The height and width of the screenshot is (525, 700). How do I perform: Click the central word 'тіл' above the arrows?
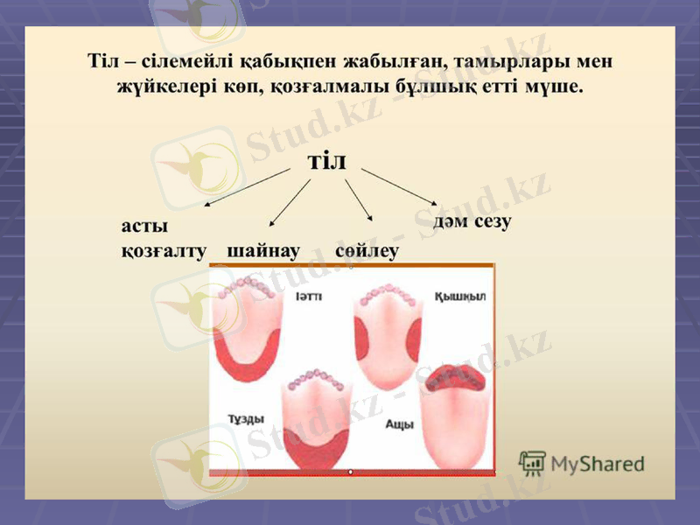click(327, 161)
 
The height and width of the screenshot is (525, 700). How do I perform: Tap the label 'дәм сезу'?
click(473, 220)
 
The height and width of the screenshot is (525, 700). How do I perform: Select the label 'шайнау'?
click(263, 251)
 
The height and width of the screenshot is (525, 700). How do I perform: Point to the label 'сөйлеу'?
click(367, 251)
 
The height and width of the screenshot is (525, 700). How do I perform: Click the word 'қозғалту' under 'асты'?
click(163, 251)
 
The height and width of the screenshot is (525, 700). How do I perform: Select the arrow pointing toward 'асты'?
click(247, 188)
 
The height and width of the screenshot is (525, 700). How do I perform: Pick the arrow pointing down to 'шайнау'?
click(290, 203)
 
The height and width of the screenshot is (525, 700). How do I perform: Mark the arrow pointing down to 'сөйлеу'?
click(359, 200)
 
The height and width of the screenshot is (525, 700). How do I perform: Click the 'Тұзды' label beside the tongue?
click(246, 418)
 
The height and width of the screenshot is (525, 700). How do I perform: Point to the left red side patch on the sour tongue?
click(361, 338)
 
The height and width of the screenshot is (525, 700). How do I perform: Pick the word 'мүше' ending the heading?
click(556, 87)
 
